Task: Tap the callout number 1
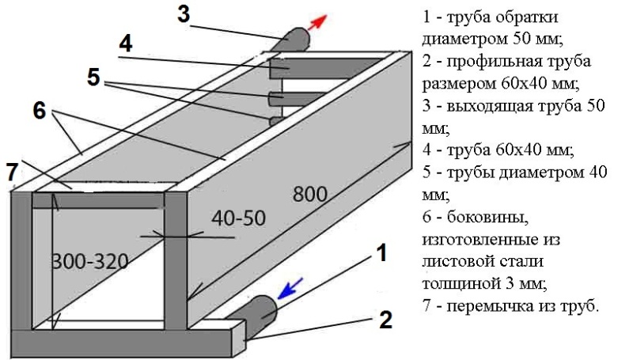click(381, 254)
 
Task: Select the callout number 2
click(385, 320)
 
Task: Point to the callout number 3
click(184, 15)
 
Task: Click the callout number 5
click(94, 78)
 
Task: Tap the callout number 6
click(39, 112)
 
